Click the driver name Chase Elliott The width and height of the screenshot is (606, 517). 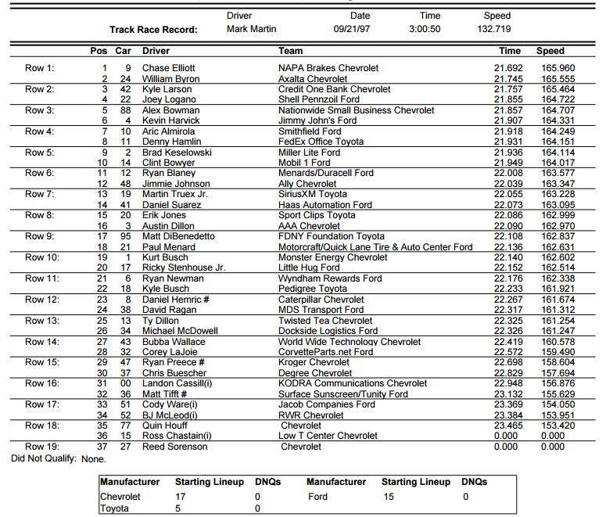click(x=168, y=69)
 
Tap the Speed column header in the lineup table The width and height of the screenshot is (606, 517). click(x=550, y=51)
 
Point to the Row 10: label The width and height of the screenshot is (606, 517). click(x=41, y=257)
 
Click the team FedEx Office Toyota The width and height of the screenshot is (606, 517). click(x=321, y=142)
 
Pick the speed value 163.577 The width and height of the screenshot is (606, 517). click(x=558, y=174)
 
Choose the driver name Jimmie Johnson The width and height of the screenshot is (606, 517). click(x=176, y=184)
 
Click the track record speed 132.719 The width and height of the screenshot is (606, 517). click(x=494, y=29)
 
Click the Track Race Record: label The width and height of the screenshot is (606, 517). click(x=153, y=30)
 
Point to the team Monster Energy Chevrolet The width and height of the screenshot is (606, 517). click(x=332, y=257)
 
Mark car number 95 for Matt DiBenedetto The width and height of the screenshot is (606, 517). click(x=125, y=236)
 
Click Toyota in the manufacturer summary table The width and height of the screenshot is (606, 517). click(x=115, y=509)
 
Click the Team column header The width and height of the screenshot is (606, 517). click(x=290, y=51)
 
